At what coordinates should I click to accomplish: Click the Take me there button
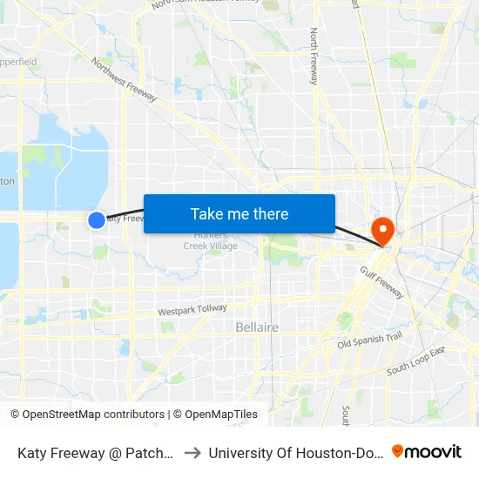[239, 213]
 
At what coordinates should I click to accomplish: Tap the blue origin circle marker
[97, 220]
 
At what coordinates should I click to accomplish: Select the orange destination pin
[382, 228]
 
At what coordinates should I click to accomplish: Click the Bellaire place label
[257, 327]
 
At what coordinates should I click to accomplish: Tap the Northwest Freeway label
[125, 79]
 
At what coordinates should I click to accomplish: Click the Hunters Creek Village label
[210, 241]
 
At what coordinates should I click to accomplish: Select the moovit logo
[427, 451]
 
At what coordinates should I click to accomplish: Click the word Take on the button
[207, 213]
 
